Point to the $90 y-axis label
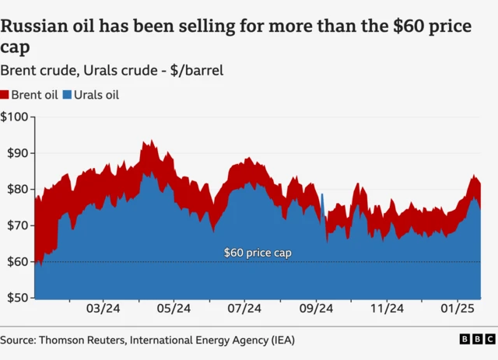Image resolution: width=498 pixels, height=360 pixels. (x=16, y=153)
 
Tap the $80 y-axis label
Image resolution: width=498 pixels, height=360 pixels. (x=16, y=189)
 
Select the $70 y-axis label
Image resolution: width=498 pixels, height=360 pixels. (x=16, y=225)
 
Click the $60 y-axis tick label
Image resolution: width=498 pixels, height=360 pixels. (x=16, y=261)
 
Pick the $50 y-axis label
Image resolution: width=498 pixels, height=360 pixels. (x=16, y=298)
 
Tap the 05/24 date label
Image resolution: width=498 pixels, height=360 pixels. (x=174, y=309)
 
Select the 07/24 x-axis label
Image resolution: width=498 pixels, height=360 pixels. (x=244, y=309)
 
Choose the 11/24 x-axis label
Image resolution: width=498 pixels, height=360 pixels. (x=387, y=309)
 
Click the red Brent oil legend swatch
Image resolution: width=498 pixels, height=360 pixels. (x=5, y=95)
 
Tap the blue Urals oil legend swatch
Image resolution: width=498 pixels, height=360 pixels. (x=66, y=95)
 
